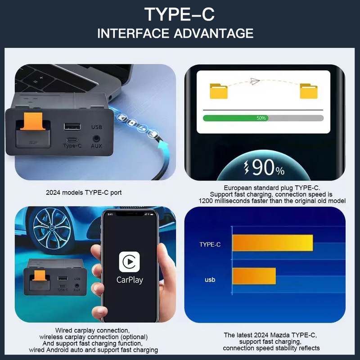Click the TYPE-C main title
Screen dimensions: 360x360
[x=180, y=14]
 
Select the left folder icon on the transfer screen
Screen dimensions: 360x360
[x=219, y=91]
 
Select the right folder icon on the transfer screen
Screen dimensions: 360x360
[x=309, y=91]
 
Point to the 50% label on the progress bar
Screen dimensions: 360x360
[x=261, y=118]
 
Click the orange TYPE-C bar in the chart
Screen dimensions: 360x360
[x=272, y=243]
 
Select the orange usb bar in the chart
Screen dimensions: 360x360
[x=254, y=276]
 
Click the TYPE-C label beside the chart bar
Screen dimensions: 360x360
[x=210, y=244]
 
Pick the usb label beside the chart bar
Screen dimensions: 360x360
[x=210, y=279]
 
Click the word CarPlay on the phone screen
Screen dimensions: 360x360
[x=130, y=280]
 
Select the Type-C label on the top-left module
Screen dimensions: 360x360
[x=72, y=145]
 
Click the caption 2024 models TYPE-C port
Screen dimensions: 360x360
[x=84, y=193]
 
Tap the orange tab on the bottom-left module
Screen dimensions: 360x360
[x=40, y=276]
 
